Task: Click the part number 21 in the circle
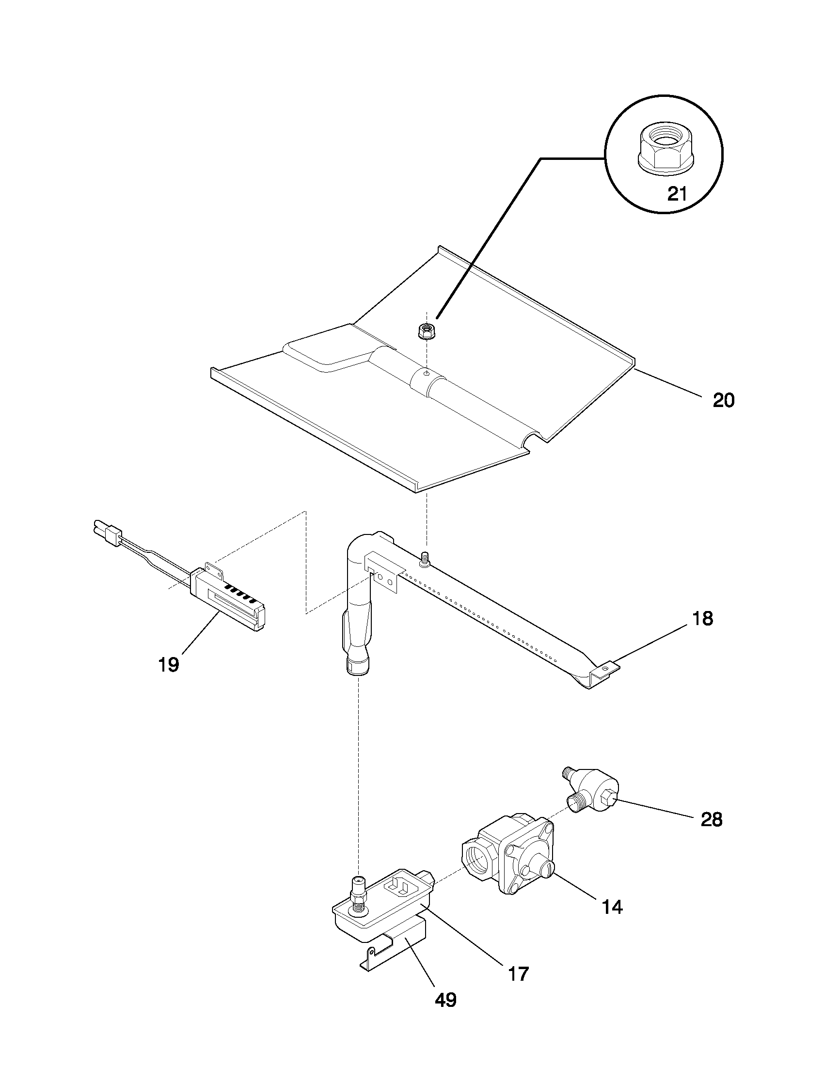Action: coord(677,194)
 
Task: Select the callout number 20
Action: coord(723,400)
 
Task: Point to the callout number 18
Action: coord(702,618)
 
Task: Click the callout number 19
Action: coord(169,664)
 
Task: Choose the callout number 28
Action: coord(711,819)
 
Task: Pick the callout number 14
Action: coord(612,907)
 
